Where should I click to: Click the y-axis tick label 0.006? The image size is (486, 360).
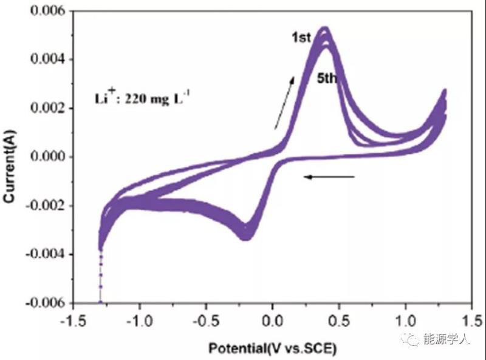[50, 11]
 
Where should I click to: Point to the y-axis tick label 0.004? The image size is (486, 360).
[50, 59]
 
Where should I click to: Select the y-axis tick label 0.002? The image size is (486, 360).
[50, 108]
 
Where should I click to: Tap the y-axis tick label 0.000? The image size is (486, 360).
[50, 157]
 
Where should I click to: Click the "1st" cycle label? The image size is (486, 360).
[301, 38]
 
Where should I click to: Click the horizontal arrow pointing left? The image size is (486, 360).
[329, 177]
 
